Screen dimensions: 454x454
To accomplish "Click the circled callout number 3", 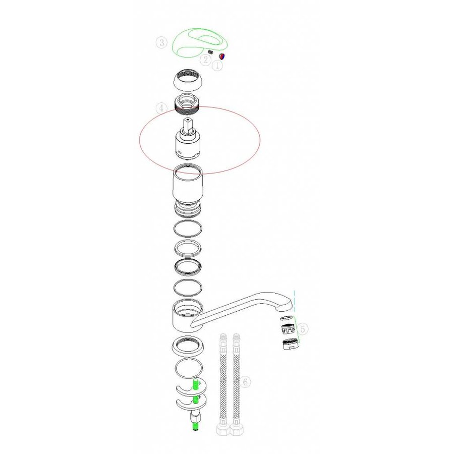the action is pyautogui.click(x=161, y=42).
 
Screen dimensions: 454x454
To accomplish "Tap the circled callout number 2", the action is pyautogui.click(x=206, y=60).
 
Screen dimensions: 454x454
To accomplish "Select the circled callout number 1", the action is pyautogui.click(x=218, y=66).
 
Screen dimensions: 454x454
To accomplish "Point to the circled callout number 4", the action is pyautogui.click(x=161, y=108).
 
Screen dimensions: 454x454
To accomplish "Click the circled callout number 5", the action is pyautogui.click(x=303, y=329).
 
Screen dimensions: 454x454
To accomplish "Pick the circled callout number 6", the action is pyautogui.click(x=245, y=382).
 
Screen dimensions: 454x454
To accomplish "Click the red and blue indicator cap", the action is pyautogui.click(x=222, y=56).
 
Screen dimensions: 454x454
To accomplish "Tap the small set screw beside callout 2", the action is pyautogui.click(x=210, y=52).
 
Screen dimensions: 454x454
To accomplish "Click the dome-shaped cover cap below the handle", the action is pyautogui.click(x=187, y=80).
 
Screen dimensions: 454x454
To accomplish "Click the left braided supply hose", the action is pyautogui.click(x=223, y=384).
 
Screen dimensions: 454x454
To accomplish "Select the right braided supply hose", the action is pyautogui.click(x=237, y=384).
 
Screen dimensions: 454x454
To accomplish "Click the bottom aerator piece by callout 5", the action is pyautogui.click(x=290, y=344).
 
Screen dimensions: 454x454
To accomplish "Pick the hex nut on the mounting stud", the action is pyautogui.click(x=195, y=418).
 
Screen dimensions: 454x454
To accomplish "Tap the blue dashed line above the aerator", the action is pyautogui.click(x=295, y=301).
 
